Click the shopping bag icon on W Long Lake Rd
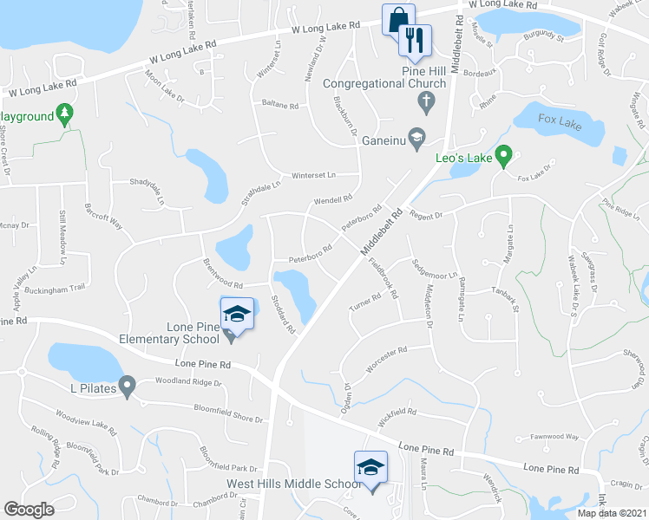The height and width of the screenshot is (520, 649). [398, 19]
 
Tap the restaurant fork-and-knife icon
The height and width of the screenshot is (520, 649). [414, 39]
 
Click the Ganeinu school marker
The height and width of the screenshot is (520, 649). [417, 137]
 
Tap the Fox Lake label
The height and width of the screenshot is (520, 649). [559, 118]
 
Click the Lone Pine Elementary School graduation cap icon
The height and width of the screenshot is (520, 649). [236, 314]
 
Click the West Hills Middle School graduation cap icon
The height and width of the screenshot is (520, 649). [370, 468]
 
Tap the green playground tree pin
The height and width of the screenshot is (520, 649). [63, 114]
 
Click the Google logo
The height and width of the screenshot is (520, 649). [29, 510]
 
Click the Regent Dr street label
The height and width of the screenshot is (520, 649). [426, 213]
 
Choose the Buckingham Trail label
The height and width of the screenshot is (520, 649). [56, 289]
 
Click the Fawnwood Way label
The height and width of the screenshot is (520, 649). [554, 437]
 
